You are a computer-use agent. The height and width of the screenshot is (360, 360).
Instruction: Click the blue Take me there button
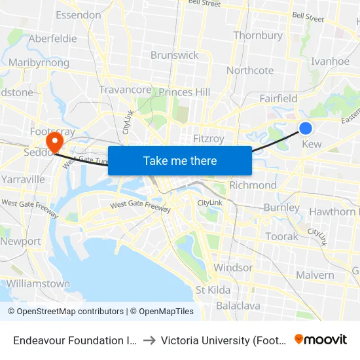point(180,161)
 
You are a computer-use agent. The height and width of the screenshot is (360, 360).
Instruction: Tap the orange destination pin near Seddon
point(54,141)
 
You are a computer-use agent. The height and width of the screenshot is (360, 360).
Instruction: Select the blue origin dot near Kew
point(305,128)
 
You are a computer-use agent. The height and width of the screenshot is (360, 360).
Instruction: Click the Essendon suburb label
point(79,15)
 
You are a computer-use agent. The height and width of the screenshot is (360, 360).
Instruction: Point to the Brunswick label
point(175,55)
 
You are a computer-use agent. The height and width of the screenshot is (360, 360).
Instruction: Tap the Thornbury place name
point(258,35)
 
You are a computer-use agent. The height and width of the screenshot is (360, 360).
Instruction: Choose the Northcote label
point(250,71)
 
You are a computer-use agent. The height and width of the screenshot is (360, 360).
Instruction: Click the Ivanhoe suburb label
point(331,61)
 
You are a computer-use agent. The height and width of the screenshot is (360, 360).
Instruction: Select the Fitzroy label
point(209,139)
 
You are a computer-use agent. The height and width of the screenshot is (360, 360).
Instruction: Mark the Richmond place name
point(253,185)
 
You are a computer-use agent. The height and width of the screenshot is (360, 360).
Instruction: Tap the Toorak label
point(281,236)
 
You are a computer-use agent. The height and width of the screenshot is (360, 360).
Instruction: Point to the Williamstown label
point(38,284)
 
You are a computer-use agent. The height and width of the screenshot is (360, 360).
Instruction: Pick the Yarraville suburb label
point(23,179)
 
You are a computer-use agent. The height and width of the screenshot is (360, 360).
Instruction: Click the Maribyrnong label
point(39,63)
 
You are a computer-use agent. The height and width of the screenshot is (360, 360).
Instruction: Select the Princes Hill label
point(185,92)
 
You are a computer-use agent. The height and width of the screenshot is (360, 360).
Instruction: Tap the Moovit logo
point(321,340)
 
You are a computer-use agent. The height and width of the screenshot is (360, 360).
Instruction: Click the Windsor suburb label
point(233,268)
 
